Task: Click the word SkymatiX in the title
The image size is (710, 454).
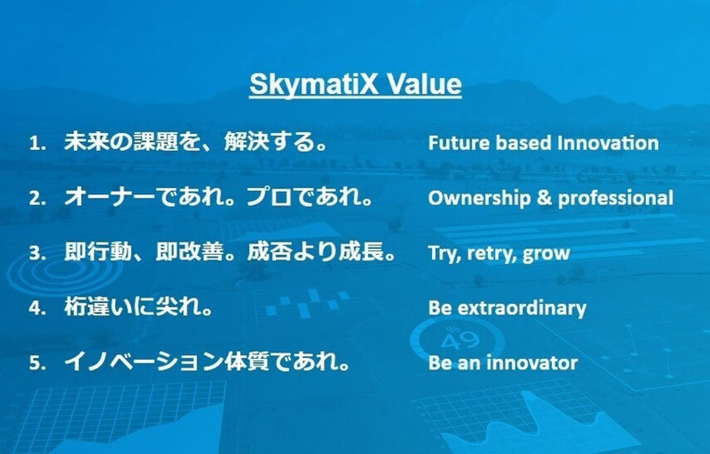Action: click(314, 84)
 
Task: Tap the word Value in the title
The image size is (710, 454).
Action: click(425, 84)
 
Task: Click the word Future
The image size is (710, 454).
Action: click(459, 143)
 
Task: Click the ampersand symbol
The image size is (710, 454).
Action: click(544, 197)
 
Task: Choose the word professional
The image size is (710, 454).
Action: click(615, 198)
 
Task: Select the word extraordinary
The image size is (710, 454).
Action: click(522, 308)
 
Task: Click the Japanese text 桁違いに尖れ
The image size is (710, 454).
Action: click(133, 307)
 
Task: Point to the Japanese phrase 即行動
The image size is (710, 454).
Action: click(98, 252)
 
